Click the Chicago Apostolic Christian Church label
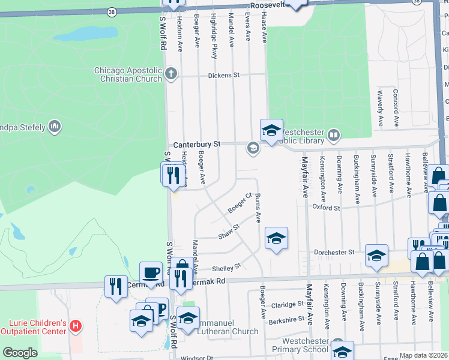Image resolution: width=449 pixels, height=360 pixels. click(x=128, y=74)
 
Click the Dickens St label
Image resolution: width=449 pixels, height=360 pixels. click(x=223, y=76)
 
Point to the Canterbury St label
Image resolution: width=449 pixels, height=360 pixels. click(x=197, y=145)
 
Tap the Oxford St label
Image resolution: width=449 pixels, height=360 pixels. click(x=327, y=208)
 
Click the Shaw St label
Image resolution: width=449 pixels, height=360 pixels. click(x=229, y=231)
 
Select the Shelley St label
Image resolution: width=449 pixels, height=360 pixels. click(x=229, y=266)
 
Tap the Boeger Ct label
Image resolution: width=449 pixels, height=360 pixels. click(x=239, y=203)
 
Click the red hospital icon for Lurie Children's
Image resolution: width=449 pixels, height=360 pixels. click(x=75, y=327)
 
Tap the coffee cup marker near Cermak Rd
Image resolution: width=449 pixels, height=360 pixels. click(x=151, y=273)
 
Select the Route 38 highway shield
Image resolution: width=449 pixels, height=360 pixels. click(x=112, y=11)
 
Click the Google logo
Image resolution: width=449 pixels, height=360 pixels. click(x=20, y=353)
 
